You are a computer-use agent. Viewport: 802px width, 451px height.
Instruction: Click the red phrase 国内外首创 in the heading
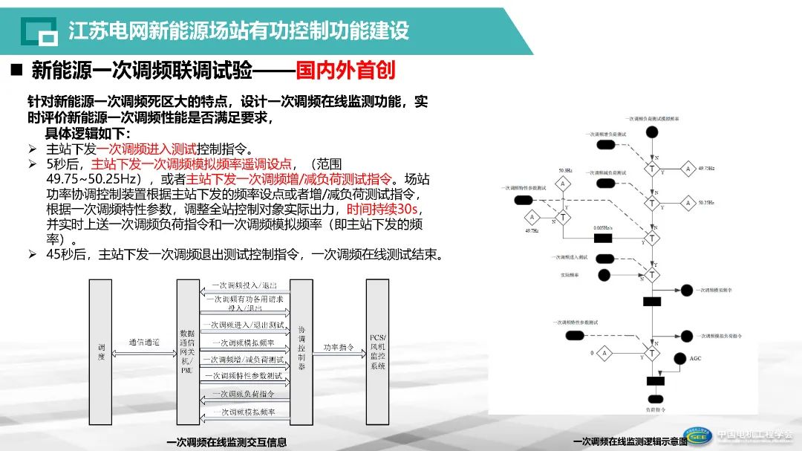coord(345,71)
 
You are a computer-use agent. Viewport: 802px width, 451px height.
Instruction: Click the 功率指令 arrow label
coord(339,346)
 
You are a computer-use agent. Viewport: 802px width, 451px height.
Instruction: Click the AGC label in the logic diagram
coord(695,358)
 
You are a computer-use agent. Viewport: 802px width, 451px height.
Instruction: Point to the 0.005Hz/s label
coord(602,227)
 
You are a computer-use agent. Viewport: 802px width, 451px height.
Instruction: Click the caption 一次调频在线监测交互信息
coord(226,442)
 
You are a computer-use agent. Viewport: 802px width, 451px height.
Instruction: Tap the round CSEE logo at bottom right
coord(697,437)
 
